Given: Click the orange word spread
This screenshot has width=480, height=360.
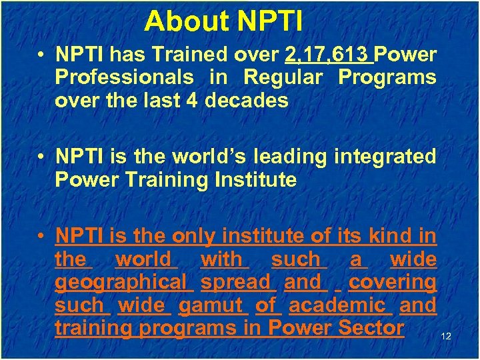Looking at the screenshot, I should pyautogui.click(x=238, y=282).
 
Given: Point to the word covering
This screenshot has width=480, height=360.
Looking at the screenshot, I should pyautogui.click(x=392, y=282).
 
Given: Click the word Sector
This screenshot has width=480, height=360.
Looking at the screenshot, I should pyautogui.click(x=371, y=328).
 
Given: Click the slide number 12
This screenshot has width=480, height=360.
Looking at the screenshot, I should pyautogui.click(x=446, y=337).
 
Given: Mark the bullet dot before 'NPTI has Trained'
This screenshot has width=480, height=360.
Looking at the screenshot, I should pyautogui.click(x=43, y=55).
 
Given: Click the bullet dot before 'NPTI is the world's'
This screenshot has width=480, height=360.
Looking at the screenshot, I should pyautogui.click(x=43, y=157).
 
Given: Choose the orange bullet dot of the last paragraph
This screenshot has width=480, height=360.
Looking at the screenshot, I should pyautogui.click(x=43, y=237).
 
